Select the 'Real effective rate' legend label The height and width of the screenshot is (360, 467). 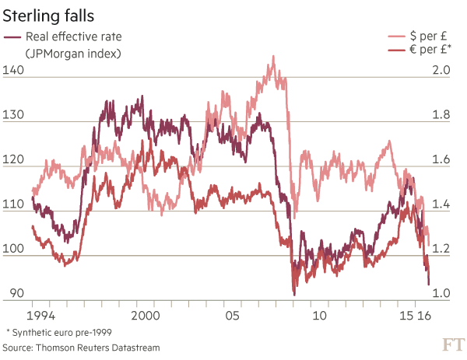[73, 37]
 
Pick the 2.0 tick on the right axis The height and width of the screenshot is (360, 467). [441, 71]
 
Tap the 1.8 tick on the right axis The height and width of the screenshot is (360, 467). [441, 115]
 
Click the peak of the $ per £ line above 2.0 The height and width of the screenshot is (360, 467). [272, 56]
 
